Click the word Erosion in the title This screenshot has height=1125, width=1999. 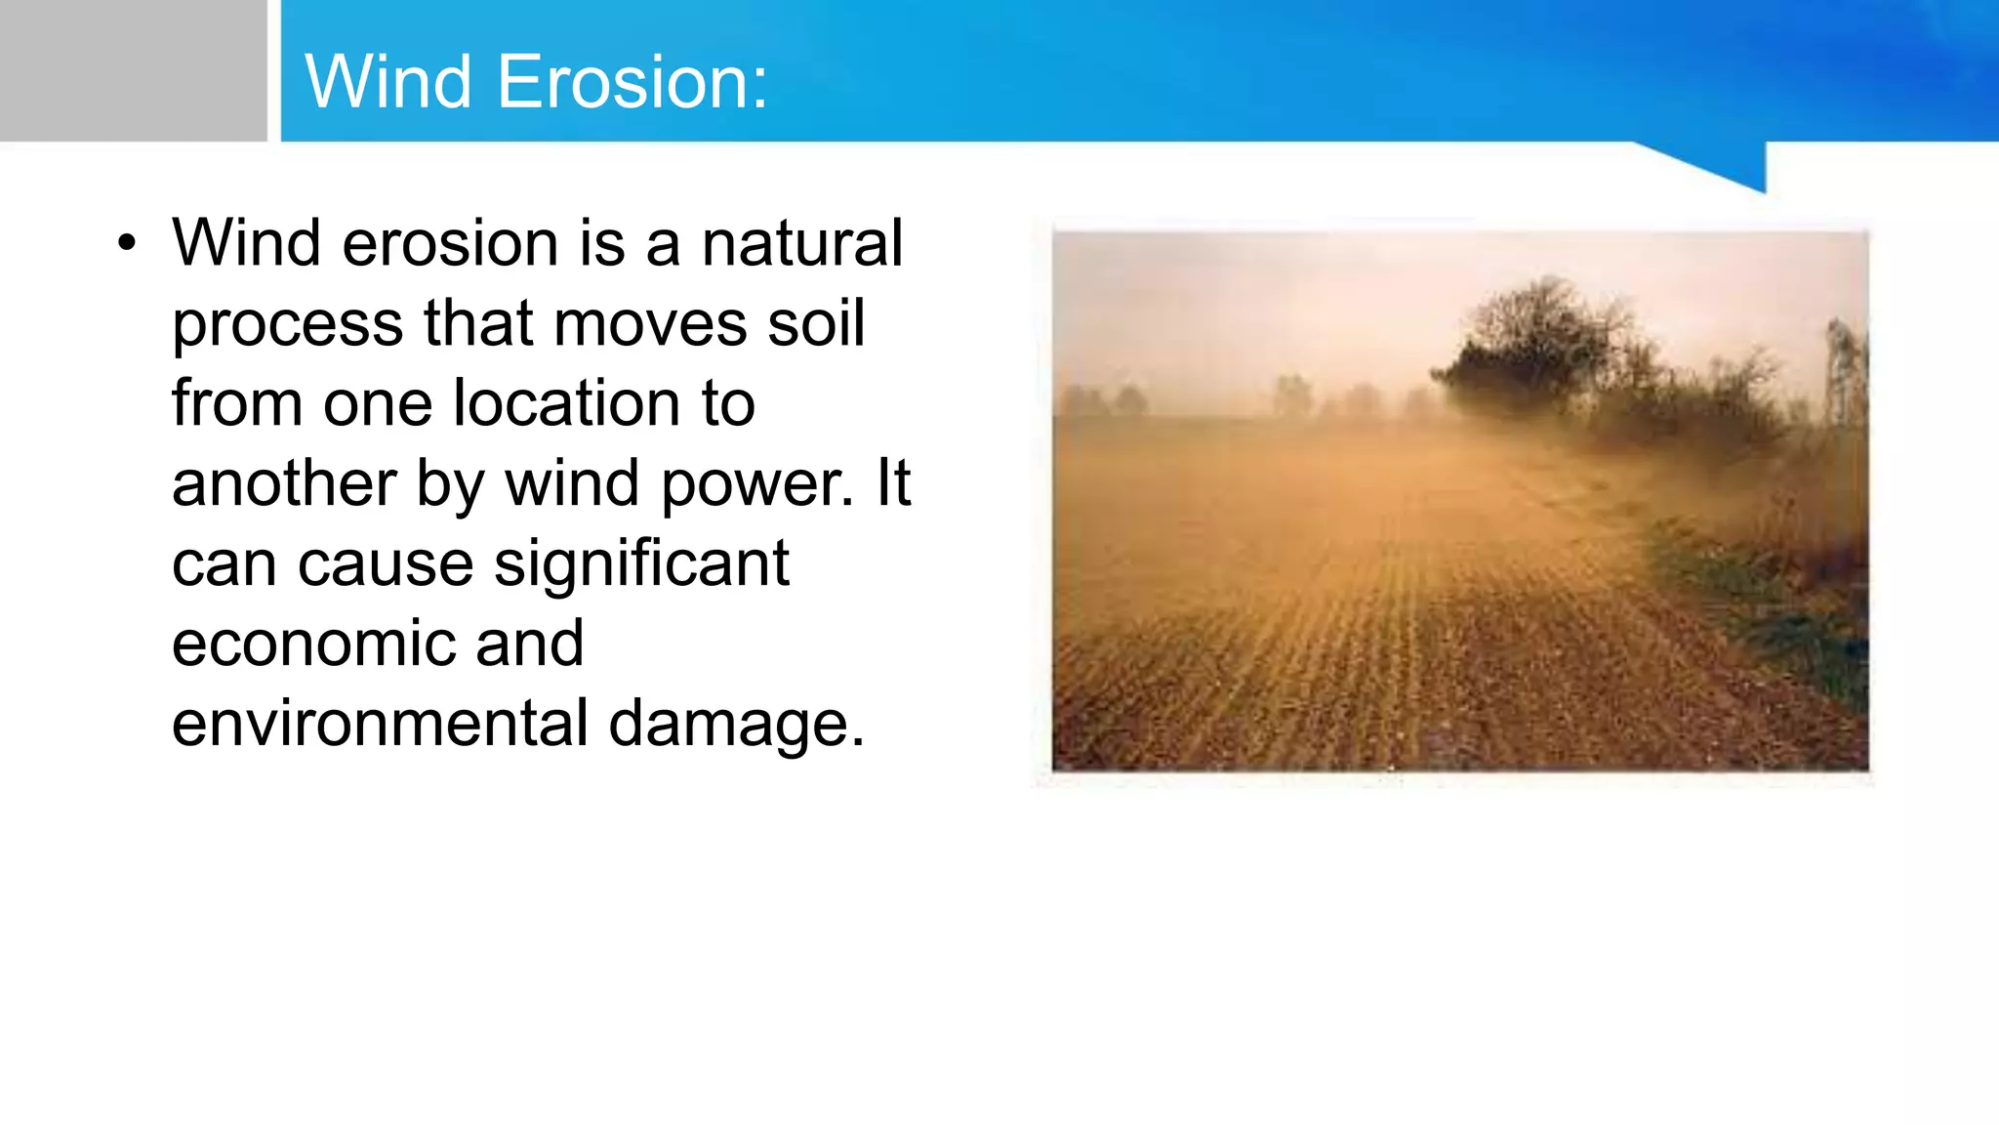click(632, 82)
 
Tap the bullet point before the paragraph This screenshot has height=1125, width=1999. click(127, 244)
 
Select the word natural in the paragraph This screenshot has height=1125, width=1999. click(802, 243)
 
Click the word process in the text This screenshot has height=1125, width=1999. click(287, 325)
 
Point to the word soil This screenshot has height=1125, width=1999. click(816, 323)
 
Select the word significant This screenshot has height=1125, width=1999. click(641, 565)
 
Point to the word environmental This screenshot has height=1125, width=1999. click(380, 725)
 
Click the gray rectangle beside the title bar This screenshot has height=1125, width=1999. click(133, 70)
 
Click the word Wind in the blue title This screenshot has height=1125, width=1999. click(388, 82)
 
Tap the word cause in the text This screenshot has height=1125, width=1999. click(385, 565)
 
